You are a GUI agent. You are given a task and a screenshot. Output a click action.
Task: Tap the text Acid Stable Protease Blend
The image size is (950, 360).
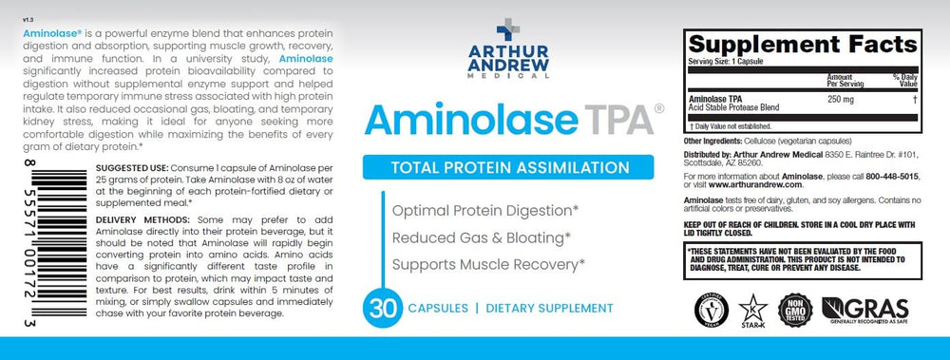pyautogui.click(x=732, y=105)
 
